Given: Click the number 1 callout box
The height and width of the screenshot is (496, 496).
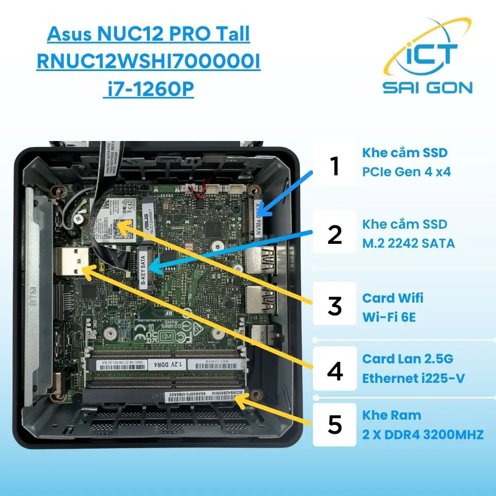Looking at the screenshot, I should [x=335, y=165].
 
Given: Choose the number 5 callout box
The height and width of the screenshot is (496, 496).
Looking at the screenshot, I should [x=335, y=425].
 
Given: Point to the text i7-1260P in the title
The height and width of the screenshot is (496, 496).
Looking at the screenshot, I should [x=148, y=90].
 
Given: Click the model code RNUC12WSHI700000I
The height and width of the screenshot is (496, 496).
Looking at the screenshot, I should [x=148, y=63].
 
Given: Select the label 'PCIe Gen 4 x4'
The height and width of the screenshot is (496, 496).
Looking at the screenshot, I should [x=406, y=172].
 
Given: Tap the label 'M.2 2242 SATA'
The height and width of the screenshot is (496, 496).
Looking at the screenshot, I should [x=408, y=242].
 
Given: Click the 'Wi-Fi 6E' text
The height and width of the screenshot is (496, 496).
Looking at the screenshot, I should [x=389, y=316].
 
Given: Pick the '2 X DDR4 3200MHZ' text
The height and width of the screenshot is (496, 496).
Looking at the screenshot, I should [x=423, y=434].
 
